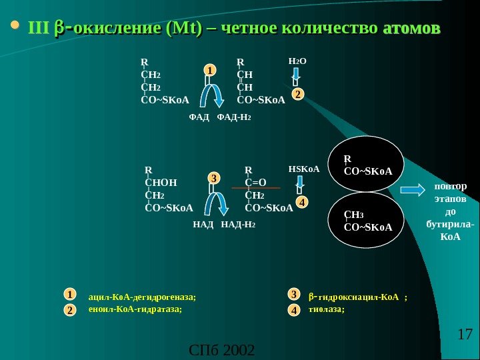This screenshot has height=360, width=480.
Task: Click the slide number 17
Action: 465,333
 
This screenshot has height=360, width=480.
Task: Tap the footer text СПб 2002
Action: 222,350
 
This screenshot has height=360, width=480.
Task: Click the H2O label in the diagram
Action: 297,61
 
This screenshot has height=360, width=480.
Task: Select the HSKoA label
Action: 304,169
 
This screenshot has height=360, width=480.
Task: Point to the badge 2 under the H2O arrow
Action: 297,95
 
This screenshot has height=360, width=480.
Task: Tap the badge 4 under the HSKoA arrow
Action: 302,201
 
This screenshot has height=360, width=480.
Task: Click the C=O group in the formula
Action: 255,183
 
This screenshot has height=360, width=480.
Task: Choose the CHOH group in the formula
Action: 161,183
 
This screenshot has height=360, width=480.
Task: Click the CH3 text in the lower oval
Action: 354,215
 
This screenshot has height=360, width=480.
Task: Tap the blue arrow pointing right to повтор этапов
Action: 413,190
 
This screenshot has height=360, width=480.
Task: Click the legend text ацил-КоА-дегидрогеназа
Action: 143,297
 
